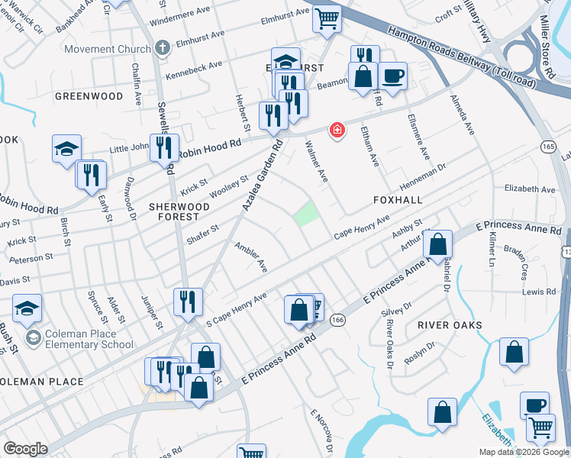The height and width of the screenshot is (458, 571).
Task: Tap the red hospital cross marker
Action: pyautogui.click(x=335, y=131)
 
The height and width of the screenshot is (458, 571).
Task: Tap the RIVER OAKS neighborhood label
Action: pyautogui.click(x=450, y=325)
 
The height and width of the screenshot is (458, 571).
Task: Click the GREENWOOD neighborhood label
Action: pyautogui.click(x=89, y=96)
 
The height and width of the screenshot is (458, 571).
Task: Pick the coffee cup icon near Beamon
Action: pyautogui.click(x=392, y=76)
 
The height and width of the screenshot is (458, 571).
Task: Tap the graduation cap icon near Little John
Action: pyautogui.click(x=66, y=148)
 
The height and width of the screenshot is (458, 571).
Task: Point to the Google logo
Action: pyautogui.click(x=25, y=449)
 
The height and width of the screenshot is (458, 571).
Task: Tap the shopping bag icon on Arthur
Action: pyautogui.click(x=438, y=245)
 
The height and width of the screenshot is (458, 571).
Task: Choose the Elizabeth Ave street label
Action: pyautogui.click(x=530, y=189)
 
